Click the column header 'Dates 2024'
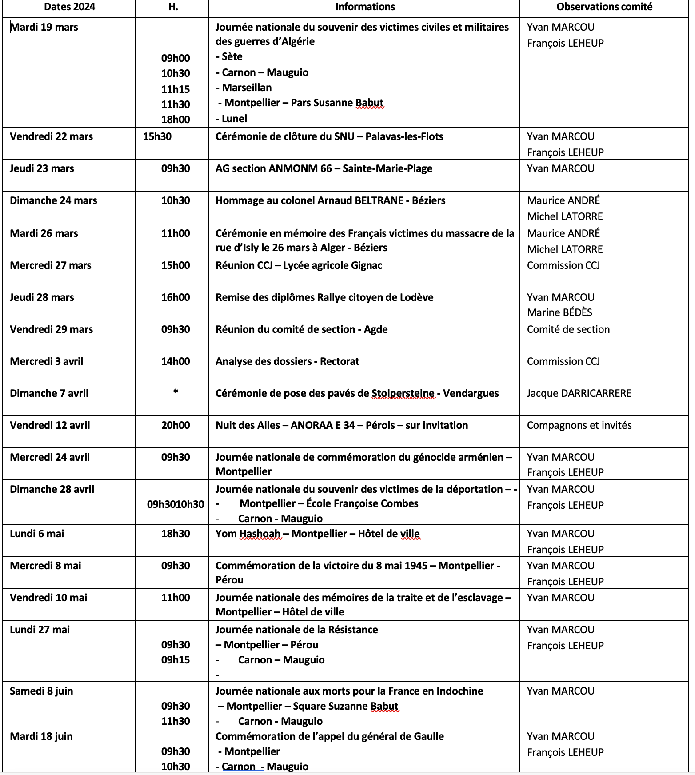pos(69,7)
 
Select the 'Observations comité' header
pos(604,7)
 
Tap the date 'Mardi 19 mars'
pos(44,27)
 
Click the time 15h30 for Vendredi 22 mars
pos(157,136)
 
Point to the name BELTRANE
pos(379,200)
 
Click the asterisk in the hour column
pos(176,392)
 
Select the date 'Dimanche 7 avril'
pos(49,393)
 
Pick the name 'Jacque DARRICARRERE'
pos(579,393)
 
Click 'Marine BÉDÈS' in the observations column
pos(559,312)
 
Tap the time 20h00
pos(176,425)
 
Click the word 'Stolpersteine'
pos(403,393)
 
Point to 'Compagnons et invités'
pos(579,425)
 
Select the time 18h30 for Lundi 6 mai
pos(176,534)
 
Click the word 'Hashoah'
pos(260,534)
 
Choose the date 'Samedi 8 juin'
pos(41,691)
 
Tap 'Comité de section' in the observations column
pos(568,329)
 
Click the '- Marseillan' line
pos(244,88)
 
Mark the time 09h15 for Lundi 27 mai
pos(176,660)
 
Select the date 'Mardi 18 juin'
pos(41,736)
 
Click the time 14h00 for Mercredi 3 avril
pos(176,361)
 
